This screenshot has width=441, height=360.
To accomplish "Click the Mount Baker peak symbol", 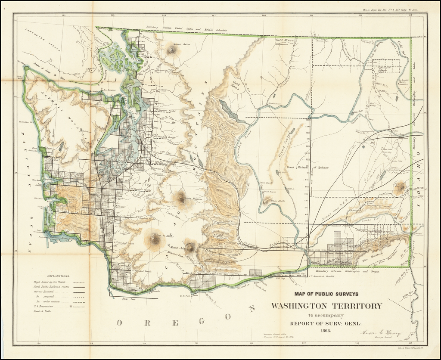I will tap(172, 50).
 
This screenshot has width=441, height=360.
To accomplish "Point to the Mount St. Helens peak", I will tap(154, 238).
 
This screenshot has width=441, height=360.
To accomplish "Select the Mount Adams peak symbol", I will tap(190, 246).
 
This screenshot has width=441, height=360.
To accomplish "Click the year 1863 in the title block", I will tap(326, 330).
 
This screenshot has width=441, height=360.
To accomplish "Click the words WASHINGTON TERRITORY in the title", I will tap(326, 306).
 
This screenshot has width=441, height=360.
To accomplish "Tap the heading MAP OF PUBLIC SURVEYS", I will tap(326, 294).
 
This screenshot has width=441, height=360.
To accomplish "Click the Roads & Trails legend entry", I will tap(43, 311).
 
